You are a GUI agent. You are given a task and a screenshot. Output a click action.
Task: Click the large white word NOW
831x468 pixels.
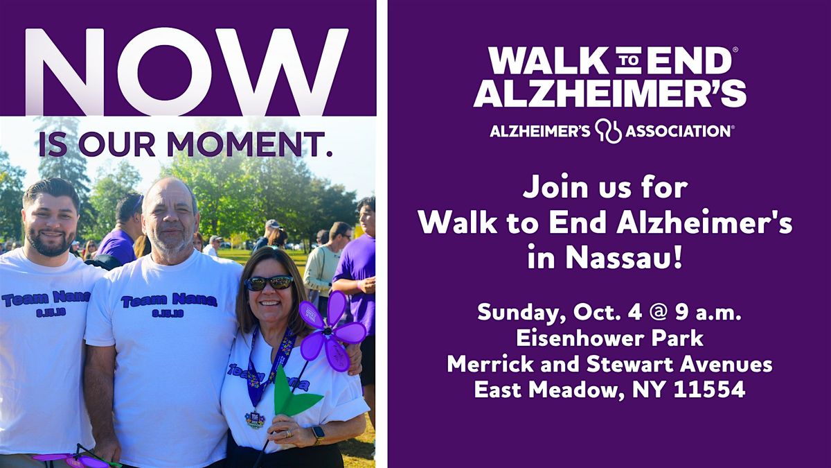pyautogui.click(x=186, y=71)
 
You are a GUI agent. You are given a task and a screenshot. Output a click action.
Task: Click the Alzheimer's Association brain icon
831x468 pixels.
pyautogui.click(x=608, y=131)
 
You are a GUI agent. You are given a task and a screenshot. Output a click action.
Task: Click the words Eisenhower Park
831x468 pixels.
pyautogui.click(x=610, y=339)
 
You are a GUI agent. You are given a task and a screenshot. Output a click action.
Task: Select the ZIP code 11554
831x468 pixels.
pyautogui.click(x=709, y=389)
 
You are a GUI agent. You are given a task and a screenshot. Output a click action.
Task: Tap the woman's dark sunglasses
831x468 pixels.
pyautogui.click(x=269, y=283)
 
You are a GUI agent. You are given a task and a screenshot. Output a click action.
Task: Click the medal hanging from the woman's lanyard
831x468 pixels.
pyautogui.click(x=255, y=419)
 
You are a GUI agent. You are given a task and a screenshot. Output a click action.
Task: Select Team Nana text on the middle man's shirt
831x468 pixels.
pyautogui.click(x=169, y=300)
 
